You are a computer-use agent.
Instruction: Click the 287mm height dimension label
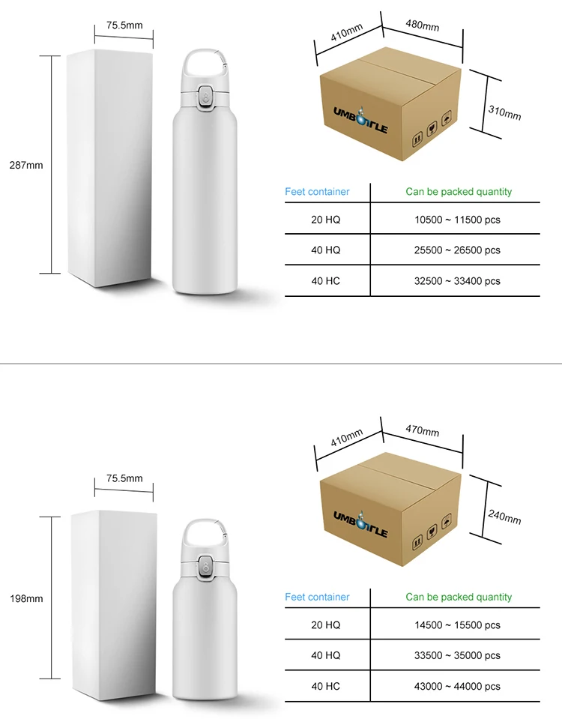(26, 165)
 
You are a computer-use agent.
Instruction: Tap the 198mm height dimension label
(26, 598)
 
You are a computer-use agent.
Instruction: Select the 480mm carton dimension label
(422, 25)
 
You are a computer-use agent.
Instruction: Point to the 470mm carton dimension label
(422, 430)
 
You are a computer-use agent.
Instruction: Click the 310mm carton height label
(505, 112)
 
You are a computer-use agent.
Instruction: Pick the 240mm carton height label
(505, 517)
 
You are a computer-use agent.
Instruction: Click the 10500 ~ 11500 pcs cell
(458, 220)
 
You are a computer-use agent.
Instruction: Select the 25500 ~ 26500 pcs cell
(458, 250)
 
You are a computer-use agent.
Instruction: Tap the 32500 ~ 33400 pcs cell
(458, 280)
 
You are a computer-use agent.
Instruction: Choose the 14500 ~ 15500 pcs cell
(458, 625)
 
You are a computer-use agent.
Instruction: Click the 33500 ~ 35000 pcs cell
(458, 655)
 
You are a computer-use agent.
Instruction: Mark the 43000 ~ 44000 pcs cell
(458, 686)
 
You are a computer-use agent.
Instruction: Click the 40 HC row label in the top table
(325, 280)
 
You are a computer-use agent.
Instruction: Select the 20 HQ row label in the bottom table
(325, 625)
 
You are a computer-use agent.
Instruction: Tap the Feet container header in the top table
(317, 192)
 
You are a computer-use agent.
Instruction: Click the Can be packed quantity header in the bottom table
(459, 597)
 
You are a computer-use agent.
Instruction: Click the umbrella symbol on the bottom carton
(446, 521)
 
